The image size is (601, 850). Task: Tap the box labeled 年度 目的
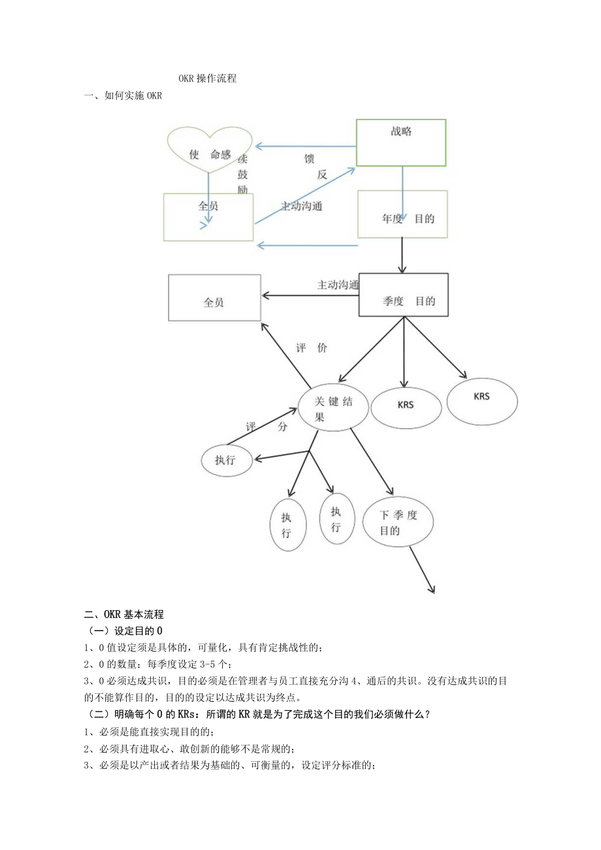tap(402, 214)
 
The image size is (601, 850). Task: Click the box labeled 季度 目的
tap(403, 295)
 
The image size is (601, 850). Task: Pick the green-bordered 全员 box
tap(208, 216)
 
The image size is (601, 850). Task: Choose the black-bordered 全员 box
tap(214, 298)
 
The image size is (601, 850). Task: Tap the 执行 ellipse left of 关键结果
tap(226, 460)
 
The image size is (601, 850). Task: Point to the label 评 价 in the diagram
tap(311, 348)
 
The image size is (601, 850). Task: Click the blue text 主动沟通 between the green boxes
tap(301, 205)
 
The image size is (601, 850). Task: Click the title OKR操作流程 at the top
tap(208, 78)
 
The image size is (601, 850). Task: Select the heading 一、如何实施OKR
tap(123, 96)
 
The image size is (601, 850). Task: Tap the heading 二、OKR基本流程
tap(124, 614)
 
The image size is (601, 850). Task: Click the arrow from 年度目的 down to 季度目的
tap(402, 256)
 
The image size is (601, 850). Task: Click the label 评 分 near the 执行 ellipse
tap(265, 427)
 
